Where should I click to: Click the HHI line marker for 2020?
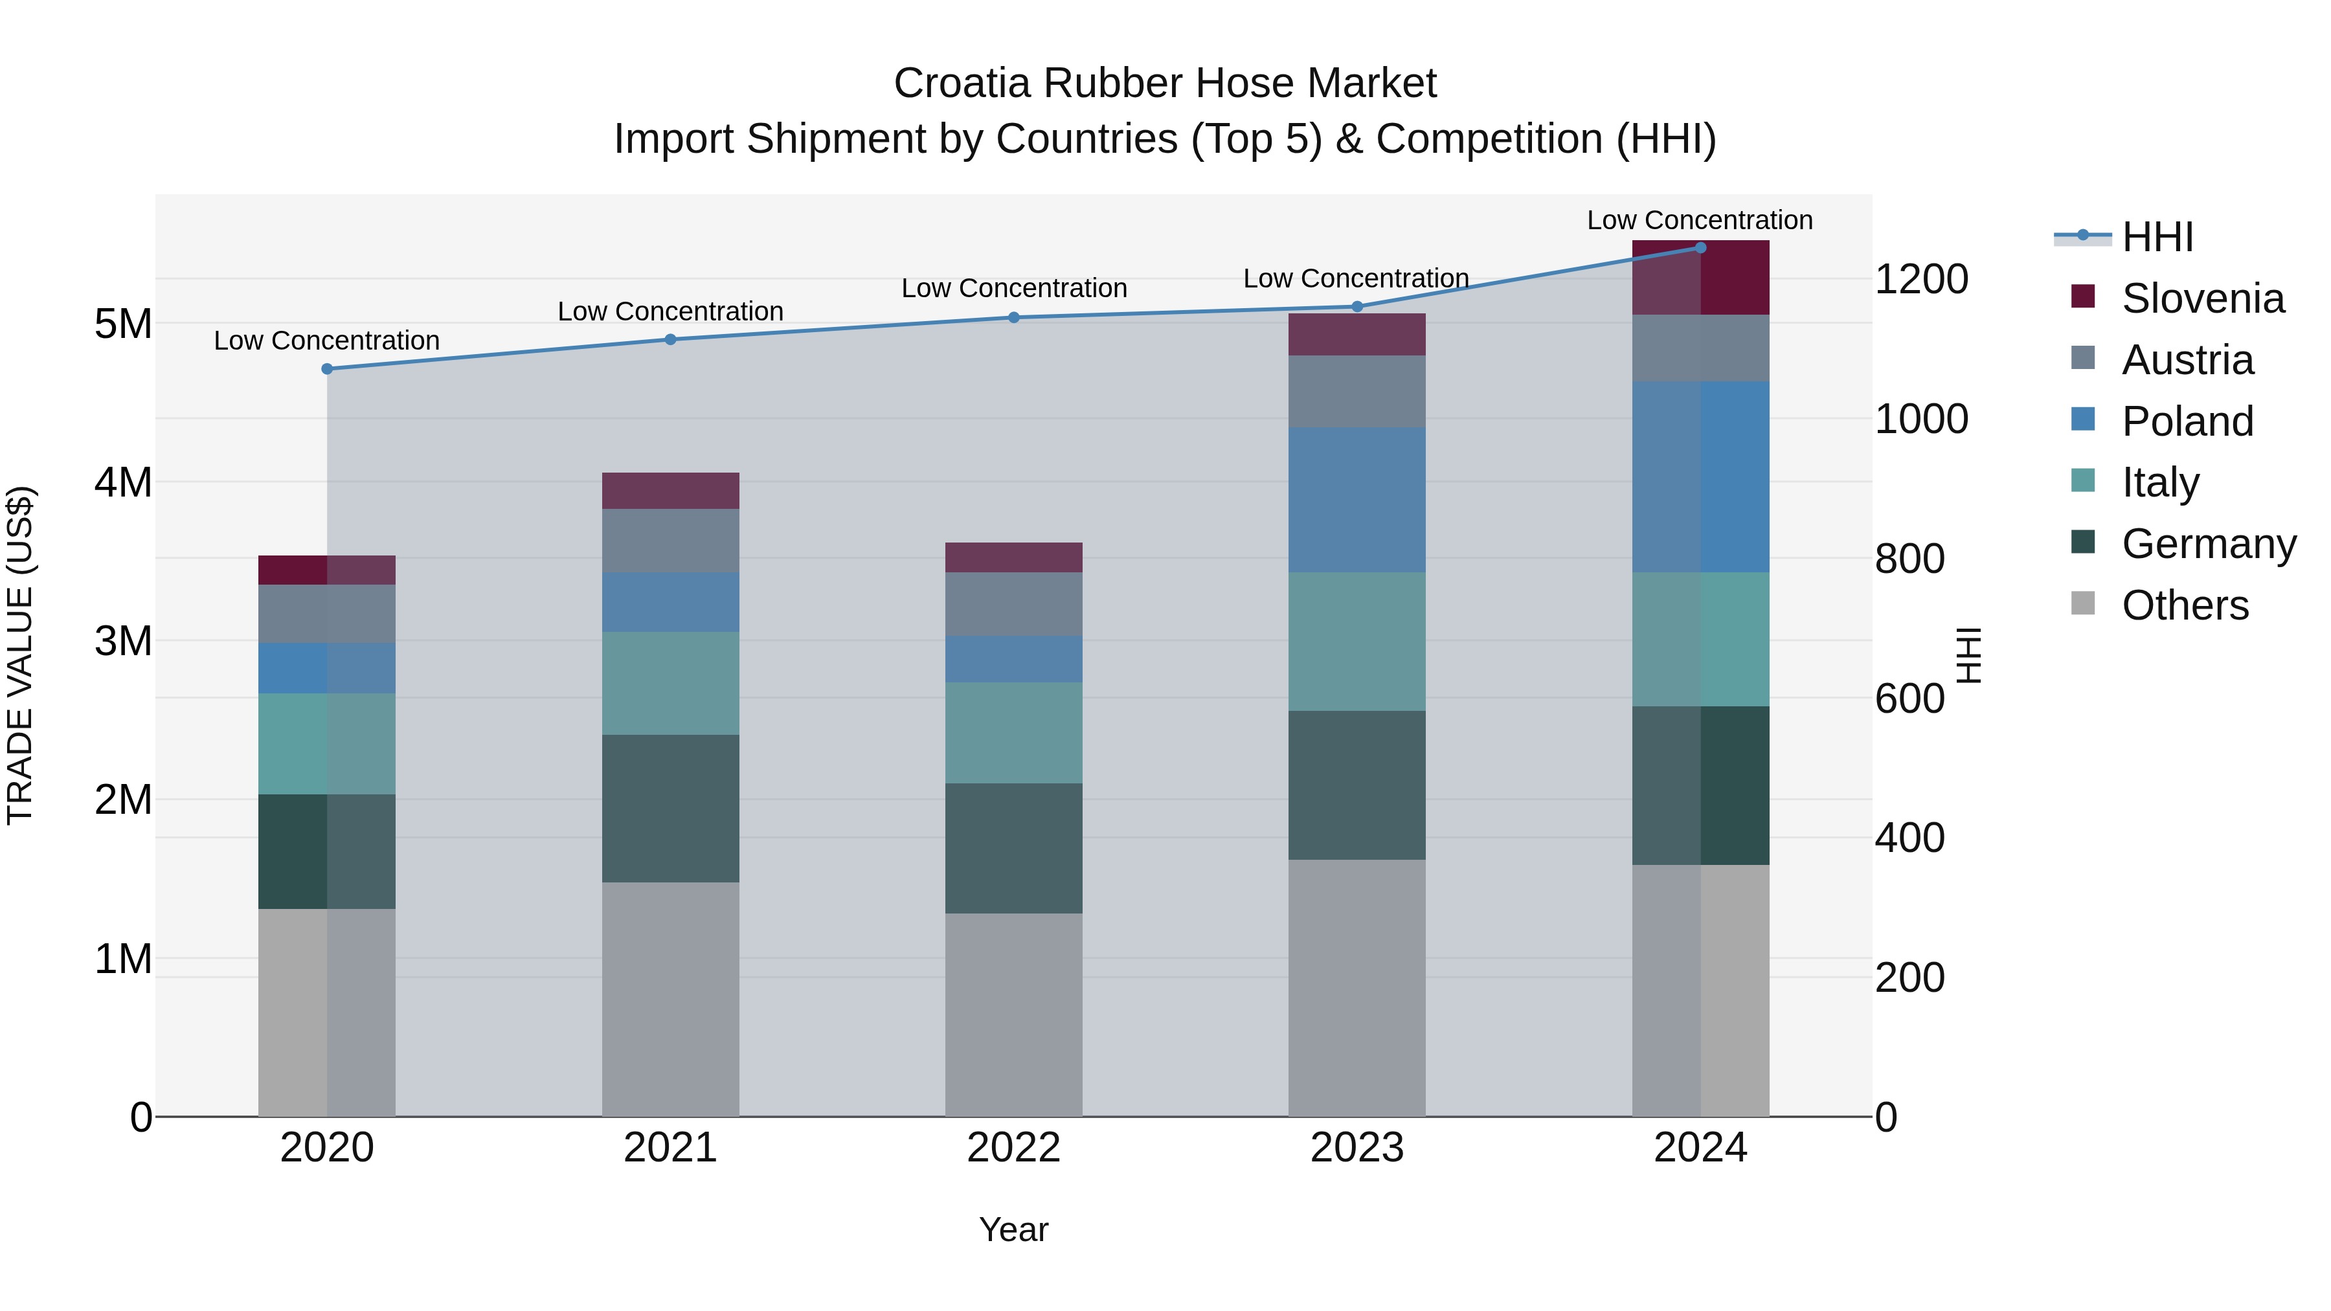[x=327, y=369]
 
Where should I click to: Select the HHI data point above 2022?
[x=1013, y=318]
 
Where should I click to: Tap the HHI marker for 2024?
[x=1700, y=248]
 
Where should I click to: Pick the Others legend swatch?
[x=2082, y=603]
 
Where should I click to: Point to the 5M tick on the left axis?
[x=123, y=324]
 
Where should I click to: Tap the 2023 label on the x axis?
[x=1357, y=1148]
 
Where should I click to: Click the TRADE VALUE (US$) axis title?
[x=20, y=655]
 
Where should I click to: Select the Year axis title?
[x=1013, y=1229]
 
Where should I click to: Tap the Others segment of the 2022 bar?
[x=1013, y=1014]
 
